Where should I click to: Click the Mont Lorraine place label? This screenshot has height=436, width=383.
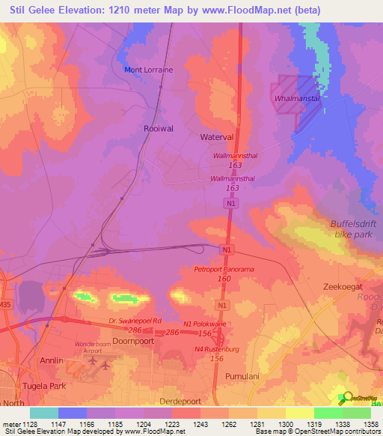[147, 70]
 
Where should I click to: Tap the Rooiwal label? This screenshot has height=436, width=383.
[158, 129]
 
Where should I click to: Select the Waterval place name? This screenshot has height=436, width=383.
[218, 138]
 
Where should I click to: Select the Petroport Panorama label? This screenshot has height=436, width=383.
[224, 269]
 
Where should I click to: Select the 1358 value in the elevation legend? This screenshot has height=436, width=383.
[370, 423]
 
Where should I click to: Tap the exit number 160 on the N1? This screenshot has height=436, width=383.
[224, 279]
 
